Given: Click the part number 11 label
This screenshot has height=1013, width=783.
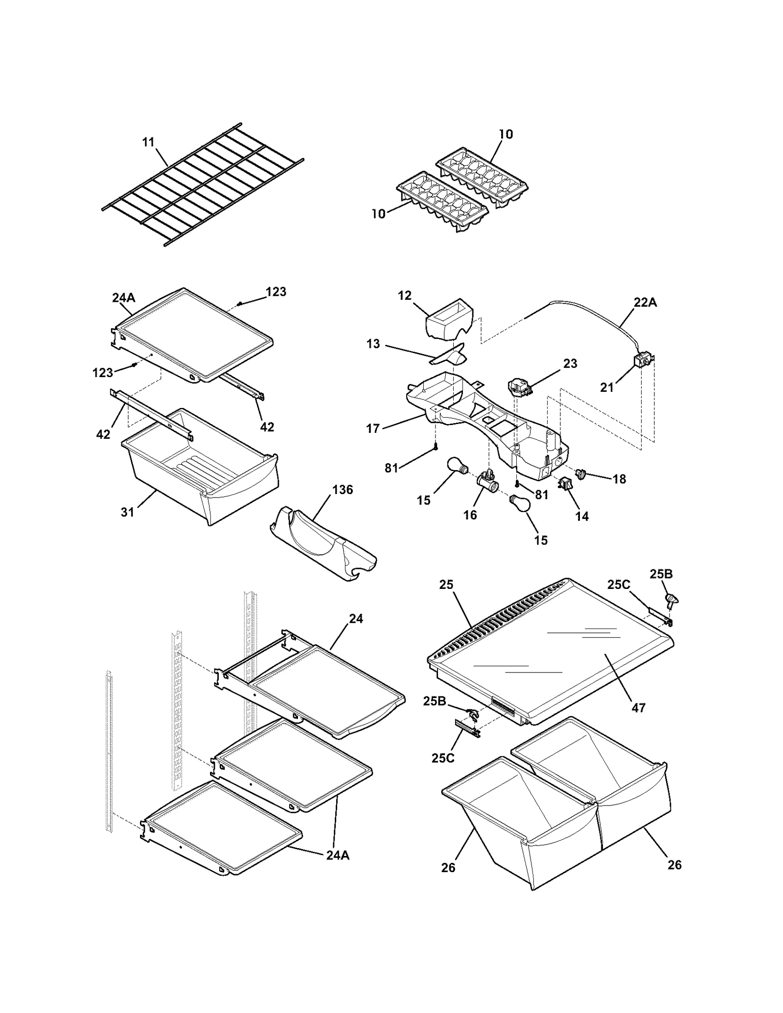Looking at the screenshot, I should click(x=148, y=142).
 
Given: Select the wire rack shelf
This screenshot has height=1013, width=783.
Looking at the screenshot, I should click(x=203, y=184).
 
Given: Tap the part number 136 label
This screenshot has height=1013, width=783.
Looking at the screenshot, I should click(x=342, y=490).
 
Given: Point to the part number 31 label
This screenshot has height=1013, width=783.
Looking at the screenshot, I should click(x=127, y=512).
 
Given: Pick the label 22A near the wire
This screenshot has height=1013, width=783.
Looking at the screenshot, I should click(x=645, y=303).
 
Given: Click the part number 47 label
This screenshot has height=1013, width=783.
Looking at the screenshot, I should click(x=638, y=707).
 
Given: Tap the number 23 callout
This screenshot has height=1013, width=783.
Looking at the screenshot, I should click(x=570, y=363).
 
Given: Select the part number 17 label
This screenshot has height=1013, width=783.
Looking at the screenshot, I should click(x=372, y=429).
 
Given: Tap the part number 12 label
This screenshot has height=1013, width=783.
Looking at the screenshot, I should click(x=405, y=296).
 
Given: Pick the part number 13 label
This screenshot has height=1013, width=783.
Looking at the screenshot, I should click(x=373, y=344).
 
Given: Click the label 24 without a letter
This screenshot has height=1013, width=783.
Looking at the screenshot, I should click(x=356, y=619).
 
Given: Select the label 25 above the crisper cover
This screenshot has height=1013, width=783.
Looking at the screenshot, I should click(x=446, y=585).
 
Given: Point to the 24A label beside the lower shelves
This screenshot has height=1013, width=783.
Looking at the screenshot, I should click(x=338, y=855).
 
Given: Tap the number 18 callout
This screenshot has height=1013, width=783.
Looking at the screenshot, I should click(x=619, y=479).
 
